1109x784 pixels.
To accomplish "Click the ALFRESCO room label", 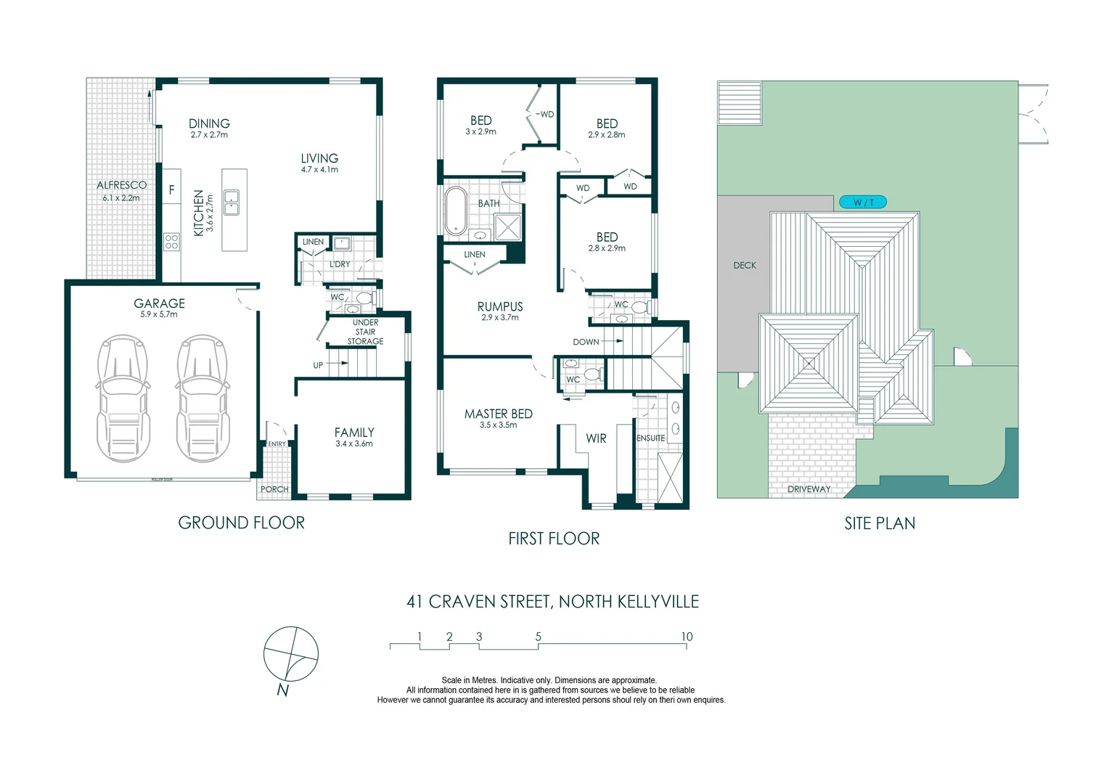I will [121, 185].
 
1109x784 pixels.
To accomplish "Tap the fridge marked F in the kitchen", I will [171, 190].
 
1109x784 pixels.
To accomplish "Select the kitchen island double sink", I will [232, 203].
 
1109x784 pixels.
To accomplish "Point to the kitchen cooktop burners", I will [171, 241].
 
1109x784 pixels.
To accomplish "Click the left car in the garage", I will [123, 398].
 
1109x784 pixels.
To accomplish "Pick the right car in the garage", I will [202, 398].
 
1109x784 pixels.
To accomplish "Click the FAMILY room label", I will [354, 432].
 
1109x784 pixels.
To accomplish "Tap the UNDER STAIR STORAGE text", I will [365, 332].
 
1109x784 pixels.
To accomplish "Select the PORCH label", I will [274, 489].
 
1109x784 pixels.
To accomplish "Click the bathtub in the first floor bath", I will [456, 211].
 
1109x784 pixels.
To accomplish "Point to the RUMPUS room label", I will [500, 306].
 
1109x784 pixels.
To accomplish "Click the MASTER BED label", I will [499, 414].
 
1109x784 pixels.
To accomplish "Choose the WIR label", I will [596, 438].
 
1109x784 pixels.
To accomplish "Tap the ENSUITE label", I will [650, 438].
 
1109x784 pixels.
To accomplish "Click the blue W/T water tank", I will [862, 203].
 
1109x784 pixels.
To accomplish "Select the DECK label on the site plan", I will [745, 266].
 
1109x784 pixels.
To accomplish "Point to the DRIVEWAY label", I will [809, 489].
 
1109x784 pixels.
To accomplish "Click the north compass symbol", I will [290, 655].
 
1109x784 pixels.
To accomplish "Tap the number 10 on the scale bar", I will [687, 637].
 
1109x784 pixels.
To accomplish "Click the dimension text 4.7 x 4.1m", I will [319, 170].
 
